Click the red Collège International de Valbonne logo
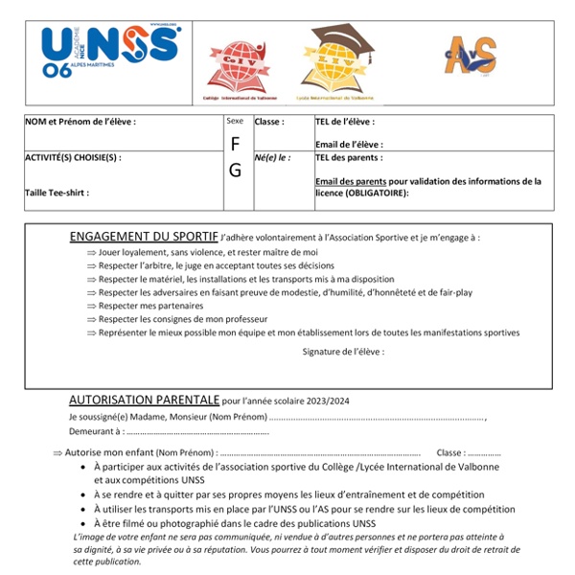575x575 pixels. tap(237, 68)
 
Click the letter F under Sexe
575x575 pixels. tap(235, 144)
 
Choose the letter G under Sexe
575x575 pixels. tap(235, 171)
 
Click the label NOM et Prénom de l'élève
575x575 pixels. tap(80, 122)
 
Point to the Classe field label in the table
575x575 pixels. tap(269, 122)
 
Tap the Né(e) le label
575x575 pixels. tap(272, 157)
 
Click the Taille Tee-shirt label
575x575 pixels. tap(57, 193)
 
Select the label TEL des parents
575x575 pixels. tap(349, 157)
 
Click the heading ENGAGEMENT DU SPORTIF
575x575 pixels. tap(143, 237)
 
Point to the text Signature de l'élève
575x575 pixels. tap(342, 352)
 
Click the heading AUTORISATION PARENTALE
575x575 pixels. tap(144, 399)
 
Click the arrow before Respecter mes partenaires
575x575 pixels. tap(91, 306)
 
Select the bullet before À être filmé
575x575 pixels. tap(84, 523)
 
